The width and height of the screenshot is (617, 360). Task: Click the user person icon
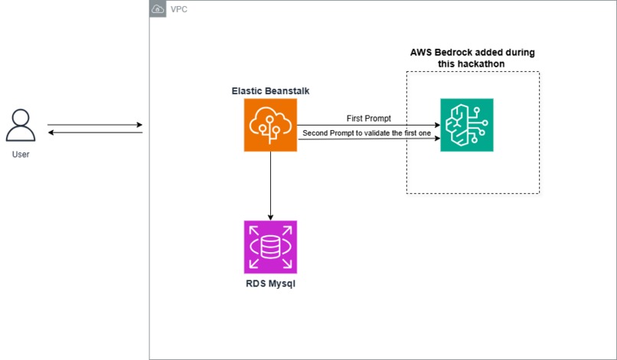point(21,126)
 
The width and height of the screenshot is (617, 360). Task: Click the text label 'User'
point(21,155)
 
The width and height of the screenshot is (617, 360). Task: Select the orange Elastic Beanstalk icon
point(270,125)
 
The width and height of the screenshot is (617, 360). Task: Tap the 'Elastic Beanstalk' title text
point(270,91)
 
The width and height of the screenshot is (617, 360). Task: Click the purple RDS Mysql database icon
point(270,247)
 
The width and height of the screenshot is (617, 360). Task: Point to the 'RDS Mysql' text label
point(270,284)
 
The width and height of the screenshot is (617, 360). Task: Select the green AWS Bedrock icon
point(467,125)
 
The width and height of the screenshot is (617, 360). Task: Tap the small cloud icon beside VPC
point(158,9)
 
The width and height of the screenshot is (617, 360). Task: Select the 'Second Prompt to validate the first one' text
point(367,133)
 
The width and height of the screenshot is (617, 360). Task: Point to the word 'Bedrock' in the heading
point(452,52)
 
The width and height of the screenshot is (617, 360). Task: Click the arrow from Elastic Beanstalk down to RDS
point(270,184)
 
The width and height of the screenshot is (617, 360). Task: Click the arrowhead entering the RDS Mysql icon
point(270,216)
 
